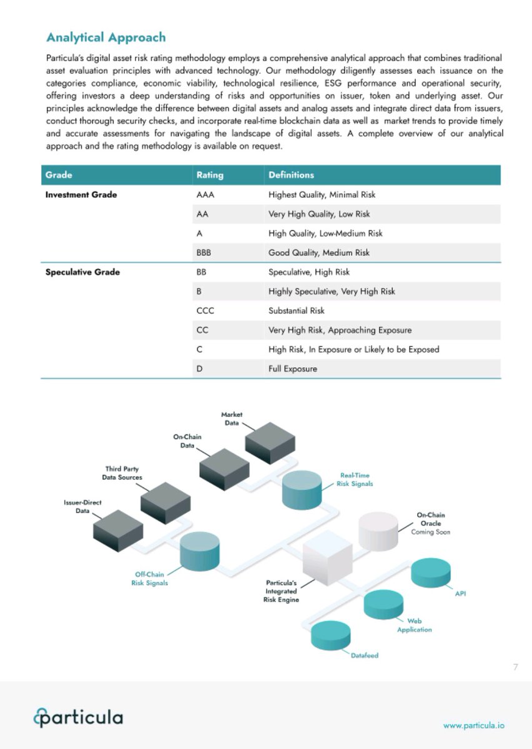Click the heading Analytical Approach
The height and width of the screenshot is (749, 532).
(106, 37)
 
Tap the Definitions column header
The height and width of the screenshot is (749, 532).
(291, 175)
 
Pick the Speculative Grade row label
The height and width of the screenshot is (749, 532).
(82, 272)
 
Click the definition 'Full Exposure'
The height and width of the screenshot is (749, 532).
(293, 369)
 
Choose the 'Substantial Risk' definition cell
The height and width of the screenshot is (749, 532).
(297, 311)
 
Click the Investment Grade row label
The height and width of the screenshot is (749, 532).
(81, 195)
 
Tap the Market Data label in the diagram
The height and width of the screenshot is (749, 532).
(232, 419)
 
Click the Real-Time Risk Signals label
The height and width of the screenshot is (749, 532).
(355, 479)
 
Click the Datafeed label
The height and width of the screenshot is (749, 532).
(365, 655)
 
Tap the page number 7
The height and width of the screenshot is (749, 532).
(515, 668)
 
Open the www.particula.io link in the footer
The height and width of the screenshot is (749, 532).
(474, 725)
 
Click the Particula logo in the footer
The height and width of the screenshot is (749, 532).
(79, 718)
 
